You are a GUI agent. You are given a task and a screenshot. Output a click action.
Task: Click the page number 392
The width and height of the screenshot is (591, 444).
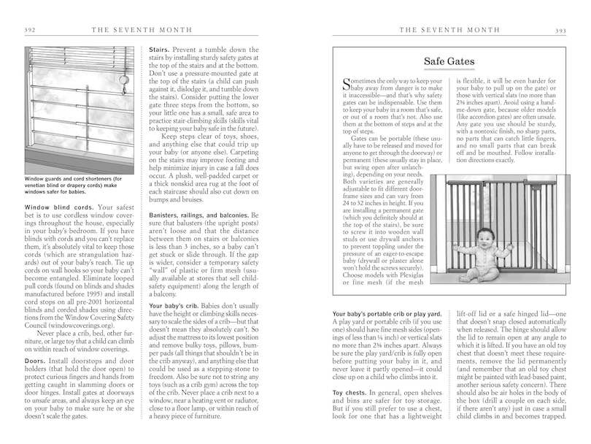30,30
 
